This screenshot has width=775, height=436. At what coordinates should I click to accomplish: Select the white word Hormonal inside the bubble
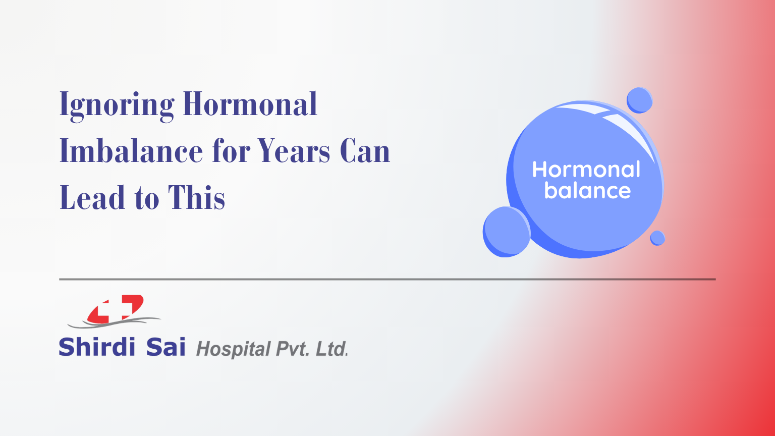586,170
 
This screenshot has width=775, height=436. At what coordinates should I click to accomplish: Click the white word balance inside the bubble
587,191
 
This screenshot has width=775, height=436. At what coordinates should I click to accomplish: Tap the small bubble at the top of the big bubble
639,100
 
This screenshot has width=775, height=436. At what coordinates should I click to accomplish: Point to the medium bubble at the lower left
506,232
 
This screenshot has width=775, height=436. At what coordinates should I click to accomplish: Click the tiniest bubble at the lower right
657,238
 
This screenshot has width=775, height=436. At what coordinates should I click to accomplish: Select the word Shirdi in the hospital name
97,347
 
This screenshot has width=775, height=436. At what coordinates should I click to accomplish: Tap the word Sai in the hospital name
165,347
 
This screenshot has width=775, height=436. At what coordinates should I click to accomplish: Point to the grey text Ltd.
331,349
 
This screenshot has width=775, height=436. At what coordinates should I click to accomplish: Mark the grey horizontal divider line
387,279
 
